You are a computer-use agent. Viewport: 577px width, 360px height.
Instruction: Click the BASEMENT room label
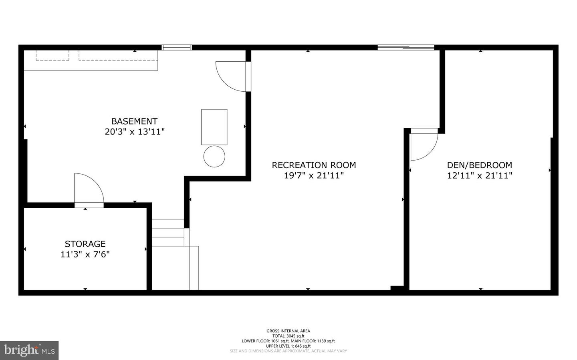(134, 121)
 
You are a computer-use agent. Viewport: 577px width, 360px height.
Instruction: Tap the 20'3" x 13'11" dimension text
(135, 132)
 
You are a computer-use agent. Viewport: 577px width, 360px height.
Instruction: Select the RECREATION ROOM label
(314, 165)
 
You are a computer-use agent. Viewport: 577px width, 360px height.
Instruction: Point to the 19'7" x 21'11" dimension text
(314, 175)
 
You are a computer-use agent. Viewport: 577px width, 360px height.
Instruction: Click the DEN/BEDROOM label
(479, 165)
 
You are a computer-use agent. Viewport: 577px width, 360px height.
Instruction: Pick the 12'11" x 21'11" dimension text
(480, 175)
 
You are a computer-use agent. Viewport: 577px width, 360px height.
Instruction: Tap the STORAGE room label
(85, 244)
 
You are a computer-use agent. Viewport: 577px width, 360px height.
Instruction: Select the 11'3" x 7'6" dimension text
(85, 254)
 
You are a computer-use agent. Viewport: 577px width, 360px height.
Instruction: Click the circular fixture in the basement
(214, 157)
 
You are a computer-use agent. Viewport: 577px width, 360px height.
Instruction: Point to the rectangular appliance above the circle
(214, 127)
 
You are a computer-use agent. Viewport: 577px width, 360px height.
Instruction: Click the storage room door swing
(89, 189)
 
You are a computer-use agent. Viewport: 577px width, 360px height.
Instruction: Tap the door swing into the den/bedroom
(424, 145)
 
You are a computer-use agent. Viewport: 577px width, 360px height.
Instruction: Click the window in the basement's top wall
(177, 47)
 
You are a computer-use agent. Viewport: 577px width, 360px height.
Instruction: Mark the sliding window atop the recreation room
(406, 48)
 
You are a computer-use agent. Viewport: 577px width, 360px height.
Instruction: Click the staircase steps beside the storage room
(168, 232)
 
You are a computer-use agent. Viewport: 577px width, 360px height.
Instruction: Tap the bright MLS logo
(29, 350)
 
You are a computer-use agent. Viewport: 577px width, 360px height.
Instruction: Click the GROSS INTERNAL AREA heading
(288, 331)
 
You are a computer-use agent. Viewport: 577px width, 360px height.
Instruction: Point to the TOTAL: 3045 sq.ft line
(288, 336)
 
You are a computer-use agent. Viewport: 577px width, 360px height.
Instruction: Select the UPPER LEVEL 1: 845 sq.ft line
(288, 346)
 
